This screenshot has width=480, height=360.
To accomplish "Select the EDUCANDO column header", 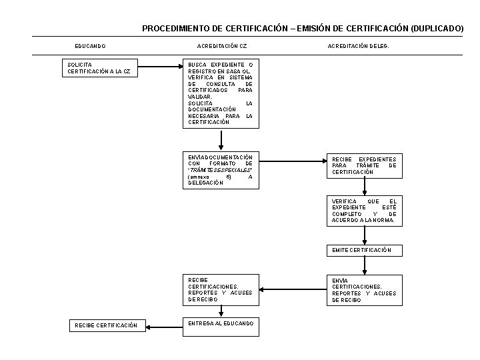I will [90, 46].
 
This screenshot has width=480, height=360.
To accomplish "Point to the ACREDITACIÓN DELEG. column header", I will [358, 46].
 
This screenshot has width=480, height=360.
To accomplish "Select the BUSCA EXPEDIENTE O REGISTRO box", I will [221, 93].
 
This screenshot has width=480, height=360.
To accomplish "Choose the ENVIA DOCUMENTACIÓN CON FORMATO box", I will [221, 169].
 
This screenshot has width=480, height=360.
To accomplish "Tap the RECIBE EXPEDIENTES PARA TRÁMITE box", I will [364, 166].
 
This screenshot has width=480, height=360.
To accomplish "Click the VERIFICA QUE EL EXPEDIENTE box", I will [364, 211].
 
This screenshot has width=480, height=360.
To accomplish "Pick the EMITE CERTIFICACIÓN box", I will [364, 251].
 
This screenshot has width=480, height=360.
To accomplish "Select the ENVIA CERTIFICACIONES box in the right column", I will [364, 290].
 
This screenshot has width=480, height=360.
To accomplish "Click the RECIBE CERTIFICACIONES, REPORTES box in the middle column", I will [221, 290].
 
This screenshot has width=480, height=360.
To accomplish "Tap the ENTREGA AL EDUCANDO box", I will [221, 324].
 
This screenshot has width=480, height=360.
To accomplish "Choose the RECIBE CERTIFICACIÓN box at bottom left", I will [107, 325].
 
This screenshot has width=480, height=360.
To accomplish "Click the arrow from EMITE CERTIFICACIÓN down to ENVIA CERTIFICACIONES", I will [364, 265].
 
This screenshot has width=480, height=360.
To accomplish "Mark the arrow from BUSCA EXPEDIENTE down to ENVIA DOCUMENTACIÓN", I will [221, 140].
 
